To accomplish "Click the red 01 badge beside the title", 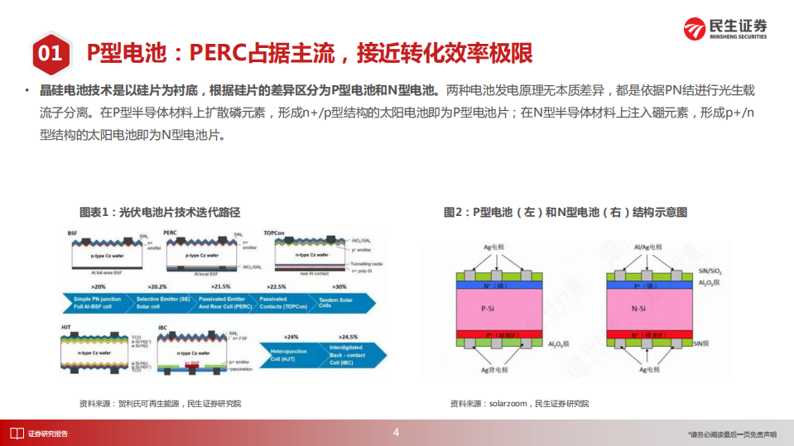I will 50,54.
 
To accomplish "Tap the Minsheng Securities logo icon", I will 693,28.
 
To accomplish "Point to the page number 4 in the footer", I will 396,432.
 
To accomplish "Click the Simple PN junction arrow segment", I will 98,302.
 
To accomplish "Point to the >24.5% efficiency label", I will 349,338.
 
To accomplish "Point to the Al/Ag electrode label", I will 647,247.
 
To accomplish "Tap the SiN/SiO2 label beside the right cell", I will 715,271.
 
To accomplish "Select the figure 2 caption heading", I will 565,213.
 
